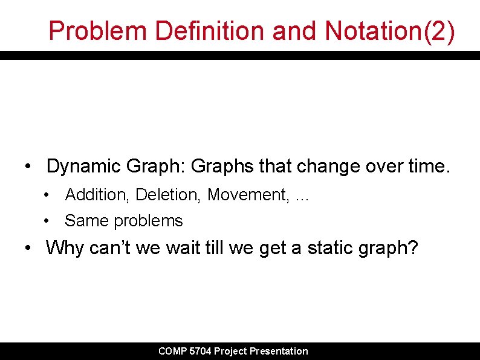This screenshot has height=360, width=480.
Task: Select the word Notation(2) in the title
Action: (x=389, y=30)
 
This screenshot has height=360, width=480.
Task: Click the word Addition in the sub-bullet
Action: (x=97, y=195)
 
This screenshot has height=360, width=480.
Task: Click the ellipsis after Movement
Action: (x=300, y=195)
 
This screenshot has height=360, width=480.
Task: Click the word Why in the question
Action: (x=65, y=247)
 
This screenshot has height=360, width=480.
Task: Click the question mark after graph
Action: (x=412, y=247)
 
